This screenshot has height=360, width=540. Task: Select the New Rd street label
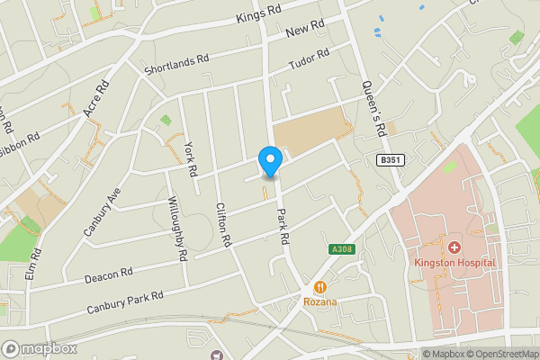pos(304,30)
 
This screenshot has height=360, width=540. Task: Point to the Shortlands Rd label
pos(176,62)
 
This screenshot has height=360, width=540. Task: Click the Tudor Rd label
pos(309,60)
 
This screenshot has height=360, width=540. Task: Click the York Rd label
pos(190,159)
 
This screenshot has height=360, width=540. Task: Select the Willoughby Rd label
pos(176,229)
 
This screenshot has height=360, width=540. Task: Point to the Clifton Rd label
pos(224,225)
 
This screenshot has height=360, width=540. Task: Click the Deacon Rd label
pos(110,273)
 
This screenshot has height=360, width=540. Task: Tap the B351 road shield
pos(388,159)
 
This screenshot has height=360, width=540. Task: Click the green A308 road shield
pos(341,248)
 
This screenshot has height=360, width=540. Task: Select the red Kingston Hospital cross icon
pos(454,247)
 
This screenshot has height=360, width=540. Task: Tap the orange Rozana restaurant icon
pos(319,286)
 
